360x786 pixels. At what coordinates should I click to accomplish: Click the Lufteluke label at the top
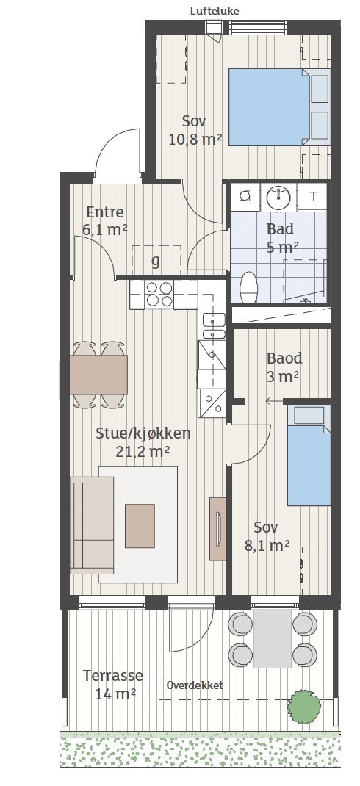pos(215,10)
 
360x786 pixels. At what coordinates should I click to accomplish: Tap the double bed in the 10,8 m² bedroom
pos(279,107)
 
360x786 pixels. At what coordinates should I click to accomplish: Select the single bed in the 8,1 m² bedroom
pos(309,455)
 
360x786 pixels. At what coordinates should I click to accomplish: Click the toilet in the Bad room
pos(248,287)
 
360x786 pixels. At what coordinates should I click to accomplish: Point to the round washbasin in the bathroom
pos(278,197)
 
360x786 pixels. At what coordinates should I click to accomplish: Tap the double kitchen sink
pos(213,327)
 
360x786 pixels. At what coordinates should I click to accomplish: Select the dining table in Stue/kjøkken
pos(98,375)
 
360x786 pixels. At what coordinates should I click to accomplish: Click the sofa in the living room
pos(92,524)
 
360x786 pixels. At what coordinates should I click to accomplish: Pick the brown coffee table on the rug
pos(140,526)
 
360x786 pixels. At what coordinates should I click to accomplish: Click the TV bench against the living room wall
pos(217,528)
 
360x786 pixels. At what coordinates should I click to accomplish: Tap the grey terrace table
pos(273,638)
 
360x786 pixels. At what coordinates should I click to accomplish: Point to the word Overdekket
pos(195,685)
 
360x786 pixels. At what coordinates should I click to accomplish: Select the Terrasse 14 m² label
pos(113,685)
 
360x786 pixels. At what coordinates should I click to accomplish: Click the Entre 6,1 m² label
pos(105,220)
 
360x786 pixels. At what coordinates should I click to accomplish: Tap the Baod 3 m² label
pos(284,367)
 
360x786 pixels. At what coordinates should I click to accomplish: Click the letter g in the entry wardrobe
pos(156,262)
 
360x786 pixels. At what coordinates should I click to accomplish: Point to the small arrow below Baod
pos(274,401)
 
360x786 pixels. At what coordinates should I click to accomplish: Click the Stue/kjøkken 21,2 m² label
pos(143,442)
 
